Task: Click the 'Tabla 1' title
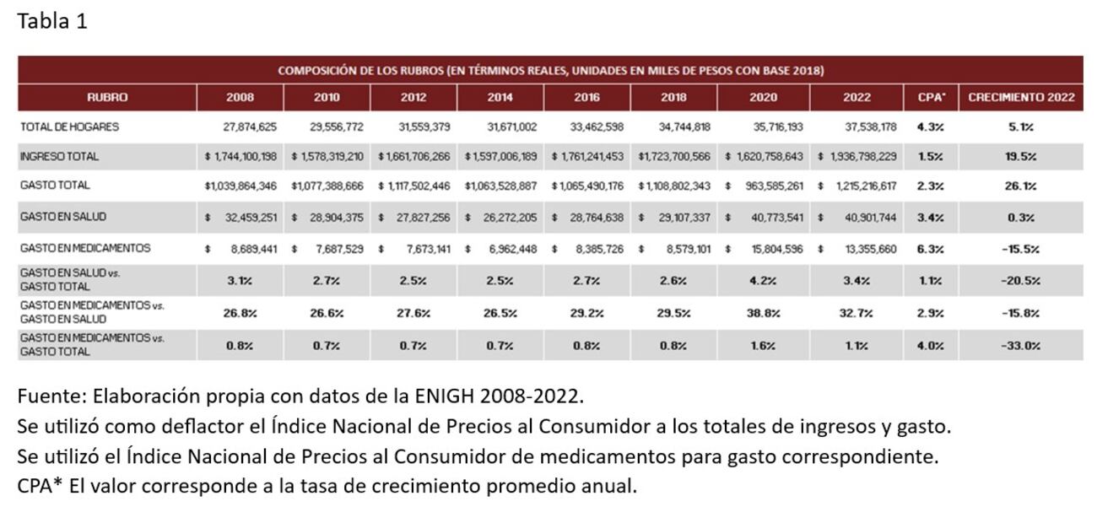(51, 22)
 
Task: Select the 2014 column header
(500, 98)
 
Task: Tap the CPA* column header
(931, 98)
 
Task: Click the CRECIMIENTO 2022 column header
(1021, 98)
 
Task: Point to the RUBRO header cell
(107, 98)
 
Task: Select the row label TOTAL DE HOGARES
(69, 127)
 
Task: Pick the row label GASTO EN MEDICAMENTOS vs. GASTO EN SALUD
(93, 313)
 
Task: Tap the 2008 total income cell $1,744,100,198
(241, 157)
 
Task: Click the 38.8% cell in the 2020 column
(763, 313)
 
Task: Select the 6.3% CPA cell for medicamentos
(930, 249)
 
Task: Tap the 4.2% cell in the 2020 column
(763, 281)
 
